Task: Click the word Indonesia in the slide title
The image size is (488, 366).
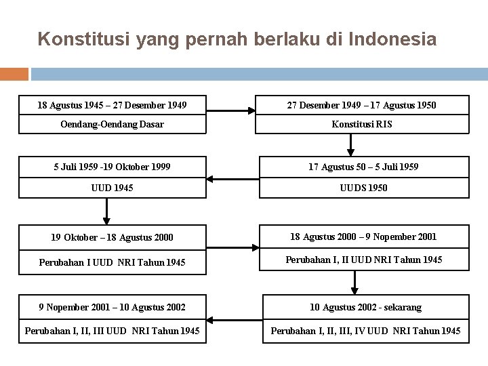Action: click(392, 39)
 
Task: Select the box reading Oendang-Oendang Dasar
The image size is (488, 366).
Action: click(112, 124)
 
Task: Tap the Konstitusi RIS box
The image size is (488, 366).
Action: click(362, 124)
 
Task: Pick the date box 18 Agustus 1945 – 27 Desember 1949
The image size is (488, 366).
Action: click(112, 105)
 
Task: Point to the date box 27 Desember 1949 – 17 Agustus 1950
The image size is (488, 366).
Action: click(362, 105)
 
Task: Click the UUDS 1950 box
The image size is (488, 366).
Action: click(364, 188)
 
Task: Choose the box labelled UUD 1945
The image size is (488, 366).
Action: click(112, 188)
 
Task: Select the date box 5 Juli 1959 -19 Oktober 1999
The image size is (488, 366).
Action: click(112, 167)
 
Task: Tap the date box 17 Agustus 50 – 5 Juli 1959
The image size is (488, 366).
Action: click(364, 167)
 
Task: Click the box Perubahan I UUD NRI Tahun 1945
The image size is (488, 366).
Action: click(112, 262)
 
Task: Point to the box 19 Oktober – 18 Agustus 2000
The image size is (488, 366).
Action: click(112, 237)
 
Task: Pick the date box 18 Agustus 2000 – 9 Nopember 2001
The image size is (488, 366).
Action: click(363, 237)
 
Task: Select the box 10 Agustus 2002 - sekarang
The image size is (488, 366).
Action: click(365, 307)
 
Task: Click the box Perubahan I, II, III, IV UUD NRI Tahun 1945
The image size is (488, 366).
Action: click(365, 331)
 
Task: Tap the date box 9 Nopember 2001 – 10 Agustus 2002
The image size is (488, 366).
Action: click(112, 307)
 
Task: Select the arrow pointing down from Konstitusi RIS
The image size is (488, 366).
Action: click(351, 144)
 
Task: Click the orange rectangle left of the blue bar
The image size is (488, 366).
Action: click(14, 74)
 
